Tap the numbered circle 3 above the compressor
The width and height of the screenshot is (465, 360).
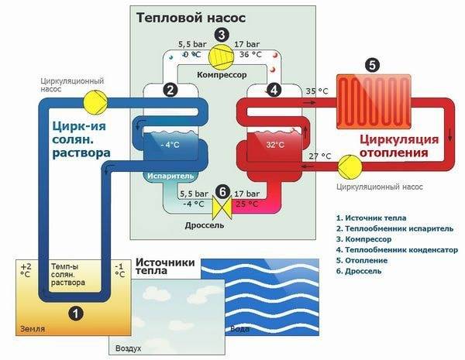point(222,34)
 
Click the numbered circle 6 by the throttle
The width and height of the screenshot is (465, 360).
point(222,192)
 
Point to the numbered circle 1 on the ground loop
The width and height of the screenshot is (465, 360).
point(75,313)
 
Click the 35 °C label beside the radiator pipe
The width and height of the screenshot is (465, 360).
point(319,91)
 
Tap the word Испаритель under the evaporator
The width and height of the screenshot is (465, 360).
point(171,177)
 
